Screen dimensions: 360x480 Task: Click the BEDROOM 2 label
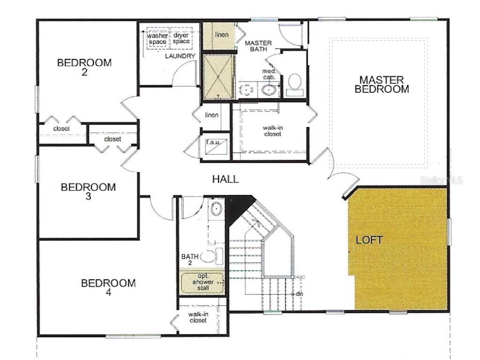pos(84,67)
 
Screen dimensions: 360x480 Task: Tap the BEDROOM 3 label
pos(88,192)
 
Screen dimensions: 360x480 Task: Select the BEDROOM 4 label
pos(108,287)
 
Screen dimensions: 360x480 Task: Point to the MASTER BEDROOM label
pos(382,84)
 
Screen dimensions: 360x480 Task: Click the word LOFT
pos(369,240)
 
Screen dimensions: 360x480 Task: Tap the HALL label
pos(225,179)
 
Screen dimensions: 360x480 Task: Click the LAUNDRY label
pos(180,56)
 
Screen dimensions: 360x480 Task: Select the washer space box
pos(157,39)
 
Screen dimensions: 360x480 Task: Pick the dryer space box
pos(181,39)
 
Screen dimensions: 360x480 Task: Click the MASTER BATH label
pos(258,46)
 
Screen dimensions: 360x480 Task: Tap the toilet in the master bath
pos(294,83)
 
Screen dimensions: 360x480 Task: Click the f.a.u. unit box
pos(216,143)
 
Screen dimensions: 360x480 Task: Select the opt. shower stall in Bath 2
pos(202,282)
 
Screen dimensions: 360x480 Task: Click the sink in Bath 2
pos(216,209)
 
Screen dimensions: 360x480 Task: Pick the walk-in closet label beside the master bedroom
pos(272,131)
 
